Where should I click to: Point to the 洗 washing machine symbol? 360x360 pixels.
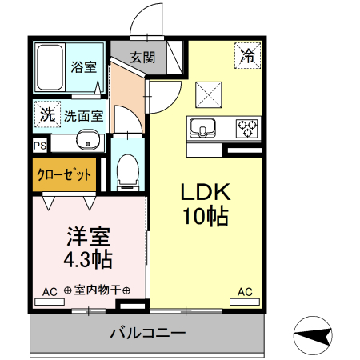coord(47,114)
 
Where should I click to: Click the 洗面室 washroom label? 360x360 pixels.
coord(83,115)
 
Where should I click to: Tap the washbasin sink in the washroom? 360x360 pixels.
coord(87,143)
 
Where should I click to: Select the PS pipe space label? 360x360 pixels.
coord(39,146)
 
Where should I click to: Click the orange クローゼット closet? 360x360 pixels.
coord(64,174)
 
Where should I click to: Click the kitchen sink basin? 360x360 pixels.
coord(200,127)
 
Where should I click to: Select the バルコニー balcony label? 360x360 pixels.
coord(147,332)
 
